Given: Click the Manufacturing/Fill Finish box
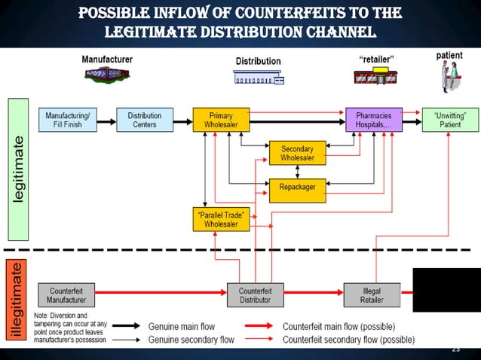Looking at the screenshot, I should coord(68,120).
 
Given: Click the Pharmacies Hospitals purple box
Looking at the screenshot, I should coord(372,120).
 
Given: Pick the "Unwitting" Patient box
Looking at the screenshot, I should coord(450,120).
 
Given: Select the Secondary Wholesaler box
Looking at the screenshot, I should coord(297,153).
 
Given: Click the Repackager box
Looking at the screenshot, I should coord(297,185).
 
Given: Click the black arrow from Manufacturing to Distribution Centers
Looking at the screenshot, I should coord(107,120).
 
